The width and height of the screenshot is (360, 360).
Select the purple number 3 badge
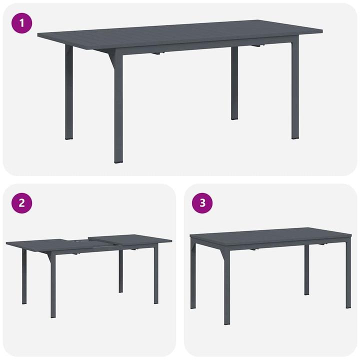(x=202, y=202)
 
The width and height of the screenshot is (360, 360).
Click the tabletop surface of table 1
(x=180, y=32)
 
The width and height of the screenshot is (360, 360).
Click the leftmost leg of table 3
(x=193, y=275)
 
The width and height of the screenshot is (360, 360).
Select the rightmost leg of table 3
(x=348, y=275)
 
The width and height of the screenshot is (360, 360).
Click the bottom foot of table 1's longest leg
(x=118, y=161)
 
